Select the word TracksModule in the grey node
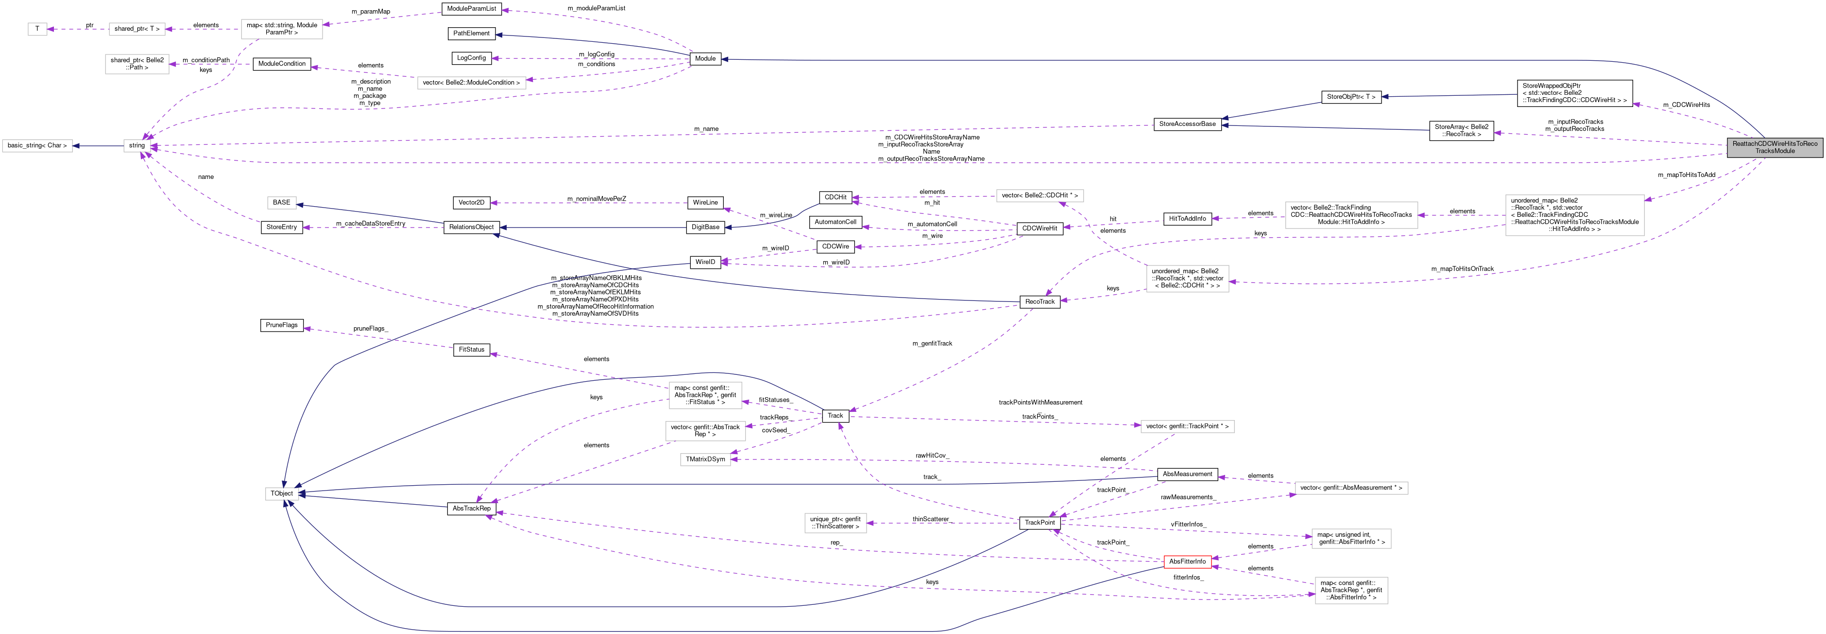1775,151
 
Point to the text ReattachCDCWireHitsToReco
1775,143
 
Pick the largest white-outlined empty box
1574,215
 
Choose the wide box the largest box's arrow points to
1351,215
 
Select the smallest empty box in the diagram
37,29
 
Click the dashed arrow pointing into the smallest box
78,30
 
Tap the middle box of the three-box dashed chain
137,29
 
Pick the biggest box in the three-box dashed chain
281,29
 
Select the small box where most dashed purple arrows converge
137,146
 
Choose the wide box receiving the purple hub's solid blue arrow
37,146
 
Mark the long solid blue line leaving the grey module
1205,61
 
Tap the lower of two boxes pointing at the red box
1351,590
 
